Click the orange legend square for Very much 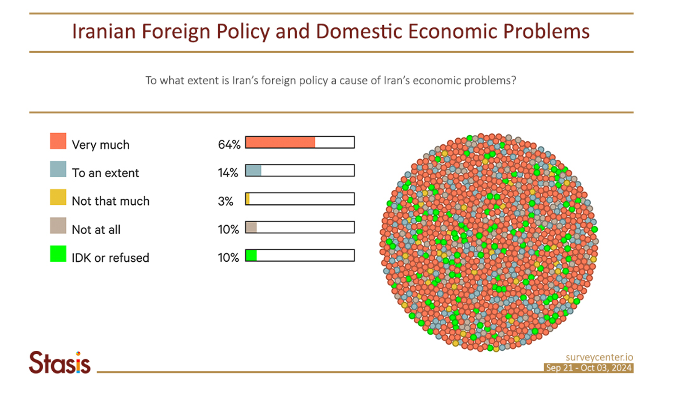[x=58, y=141]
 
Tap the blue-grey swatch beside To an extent [x=58, y=169]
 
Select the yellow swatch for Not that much [x=58, y=197]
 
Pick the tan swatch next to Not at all [x=58, y=226]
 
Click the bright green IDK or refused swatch [x=58, y=254]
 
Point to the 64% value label [x=229, y=145]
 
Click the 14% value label [x=228, y=173]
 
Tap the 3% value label [x=226, y=201]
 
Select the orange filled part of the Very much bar [x=280, y=142]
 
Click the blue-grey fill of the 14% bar [x=253, y=170]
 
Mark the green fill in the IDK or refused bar [x=251, y=256]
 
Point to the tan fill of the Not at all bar [x=251, y=227]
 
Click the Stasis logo [x=60, y=363]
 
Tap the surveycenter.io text [x=599, y=357]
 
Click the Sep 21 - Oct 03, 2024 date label [x=588, y=368]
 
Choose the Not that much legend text [x=111, y=201]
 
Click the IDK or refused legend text [x=110, y=258]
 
